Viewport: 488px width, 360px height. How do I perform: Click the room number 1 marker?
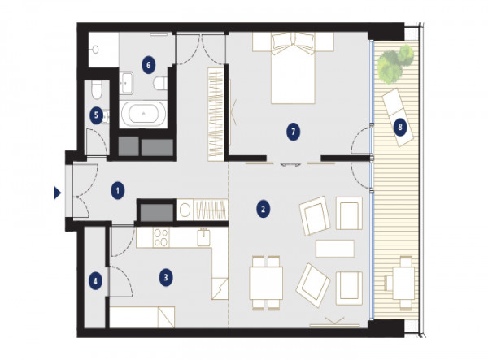[117, 191]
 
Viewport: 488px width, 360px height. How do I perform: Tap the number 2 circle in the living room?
[263, 209]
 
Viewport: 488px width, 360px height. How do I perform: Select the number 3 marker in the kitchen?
[166, 277]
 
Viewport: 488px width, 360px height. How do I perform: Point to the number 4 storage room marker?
[95, 282]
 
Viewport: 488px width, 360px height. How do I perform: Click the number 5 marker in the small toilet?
[96, 115]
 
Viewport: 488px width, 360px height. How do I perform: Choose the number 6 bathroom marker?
[148, 65]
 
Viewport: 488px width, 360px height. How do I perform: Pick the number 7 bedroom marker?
[293, 132]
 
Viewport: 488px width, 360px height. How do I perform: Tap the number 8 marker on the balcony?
[400, 127]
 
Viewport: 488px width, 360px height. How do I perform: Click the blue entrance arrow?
[57, 193]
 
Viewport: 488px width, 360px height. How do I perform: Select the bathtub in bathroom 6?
[143, 114]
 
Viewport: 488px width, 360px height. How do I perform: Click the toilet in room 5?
[97, 89]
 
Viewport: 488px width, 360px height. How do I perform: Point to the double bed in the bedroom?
[293, 68]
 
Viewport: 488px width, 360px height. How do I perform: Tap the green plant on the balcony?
[395, 63]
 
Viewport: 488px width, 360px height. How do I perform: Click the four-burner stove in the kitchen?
[161, 237]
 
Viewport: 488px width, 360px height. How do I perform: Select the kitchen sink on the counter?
[204, 236]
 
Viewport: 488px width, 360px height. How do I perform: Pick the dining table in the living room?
[266, 283]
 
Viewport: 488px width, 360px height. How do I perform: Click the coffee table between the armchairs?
[335, 249]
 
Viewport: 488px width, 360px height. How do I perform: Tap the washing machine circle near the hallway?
[185, 210]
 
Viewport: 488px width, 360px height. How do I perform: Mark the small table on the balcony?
[403, 283]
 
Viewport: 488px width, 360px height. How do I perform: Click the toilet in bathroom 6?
[160, 84]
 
